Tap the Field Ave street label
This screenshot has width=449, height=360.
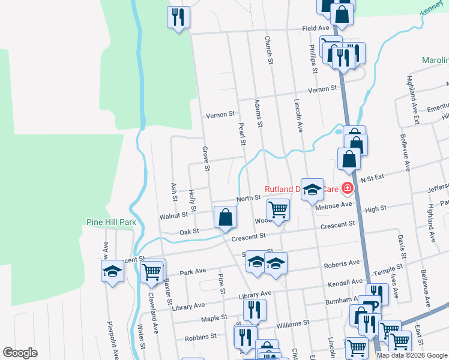[x=316, y=28]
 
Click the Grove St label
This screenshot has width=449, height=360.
[x=206, y=158]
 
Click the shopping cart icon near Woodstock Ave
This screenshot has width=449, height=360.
[x=278, y=210]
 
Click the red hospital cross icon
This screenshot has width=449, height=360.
[x=346, y=188]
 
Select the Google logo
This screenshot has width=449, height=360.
[x=20, y=353]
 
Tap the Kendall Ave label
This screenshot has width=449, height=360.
[x=345, y=281]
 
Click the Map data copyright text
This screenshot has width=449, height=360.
[x=411, y=355]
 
